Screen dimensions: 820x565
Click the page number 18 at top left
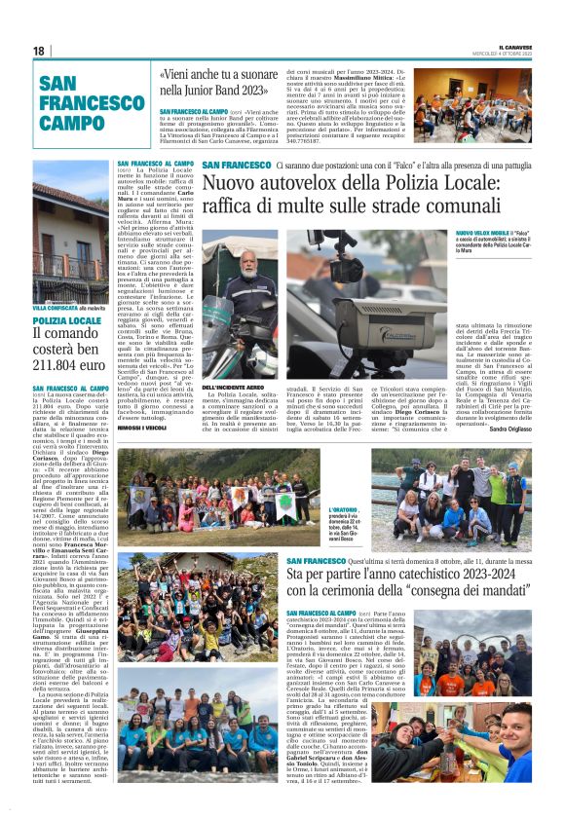(39, 52)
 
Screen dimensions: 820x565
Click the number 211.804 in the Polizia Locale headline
(55, 365)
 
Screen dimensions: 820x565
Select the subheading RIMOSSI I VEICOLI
(142, 430)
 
